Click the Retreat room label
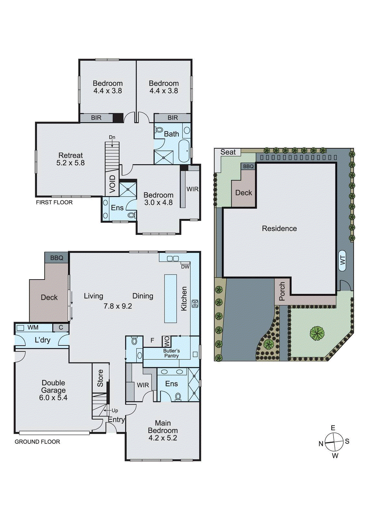tap(70, 155)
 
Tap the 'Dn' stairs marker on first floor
tap(112, 137)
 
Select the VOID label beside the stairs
tap(112, 184)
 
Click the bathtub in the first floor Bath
tap(185, 151)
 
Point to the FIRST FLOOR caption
tap(54, 202)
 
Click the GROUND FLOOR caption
tap(37, 442)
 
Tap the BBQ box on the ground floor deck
tap(56, 258)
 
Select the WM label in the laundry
tap(33, 328)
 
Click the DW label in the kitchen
tap(185, 267)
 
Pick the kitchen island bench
tap(171, 298)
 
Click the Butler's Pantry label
tap(171, 353)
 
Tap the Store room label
tap(100, 378)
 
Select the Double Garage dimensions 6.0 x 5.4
tap(53, 397)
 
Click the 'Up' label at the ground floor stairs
tap(115, 410)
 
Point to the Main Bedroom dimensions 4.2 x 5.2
tap(163, 438)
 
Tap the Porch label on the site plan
tap(282, 291)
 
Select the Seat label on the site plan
tap(228, 152)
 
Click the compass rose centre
tap(334, 442)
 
